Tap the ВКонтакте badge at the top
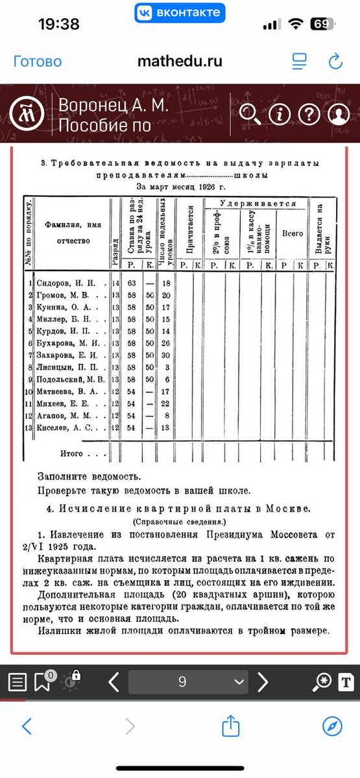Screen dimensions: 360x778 pos(180,12)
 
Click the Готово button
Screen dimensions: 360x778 pos(38,62)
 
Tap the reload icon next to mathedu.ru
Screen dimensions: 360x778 pos(335,62)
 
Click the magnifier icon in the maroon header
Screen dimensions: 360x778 pos(250,115)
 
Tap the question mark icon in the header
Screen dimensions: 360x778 pos(309,115)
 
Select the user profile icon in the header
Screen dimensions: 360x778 pos(338,115)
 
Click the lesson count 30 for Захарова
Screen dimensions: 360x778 pos(166,355)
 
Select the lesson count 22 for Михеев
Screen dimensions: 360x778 pos(166,403)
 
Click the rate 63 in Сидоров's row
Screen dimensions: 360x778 pos(131,283)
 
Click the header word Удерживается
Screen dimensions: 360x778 pos(258,204)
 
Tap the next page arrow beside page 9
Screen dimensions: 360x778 pos(263,682)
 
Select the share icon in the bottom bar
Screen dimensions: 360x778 pos(231,726)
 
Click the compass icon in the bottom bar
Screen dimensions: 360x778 pos(332,726)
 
